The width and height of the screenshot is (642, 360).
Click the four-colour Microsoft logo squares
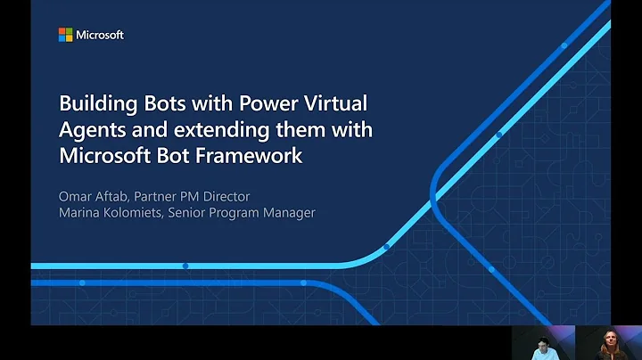pos(65,35)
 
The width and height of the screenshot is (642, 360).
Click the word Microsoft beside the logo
pos(100,35)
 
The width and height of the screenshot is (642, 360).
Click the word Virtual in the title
pos(335,103)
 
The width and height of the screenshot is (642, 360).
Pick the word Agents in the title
pos(91,129)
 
